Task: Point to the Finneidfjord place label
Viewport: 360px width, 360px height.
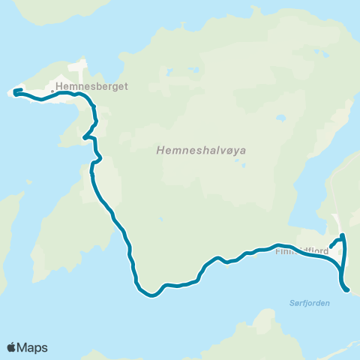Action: (x=302, y=251)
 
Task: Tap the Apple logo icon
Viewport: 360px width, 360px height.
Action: (x=12, y=347)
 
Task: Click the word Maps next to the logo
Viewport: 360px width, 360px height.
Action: (x=32, y=347)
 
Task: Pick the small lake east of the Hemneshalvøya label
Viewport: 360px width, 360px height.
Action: (x=280, y=118)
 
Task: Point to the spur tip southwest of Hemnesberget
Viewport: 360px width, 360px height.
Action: (x=83, y=138)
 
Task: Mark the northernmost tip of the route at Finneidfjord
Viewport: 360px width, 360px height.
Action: (x=343, y=235)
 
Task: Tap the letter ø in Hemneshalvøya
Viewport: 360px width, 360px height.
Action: (x=235, y=150)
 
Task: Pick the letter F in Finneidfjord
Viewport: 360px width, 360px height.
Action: (x=279, y=251)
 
